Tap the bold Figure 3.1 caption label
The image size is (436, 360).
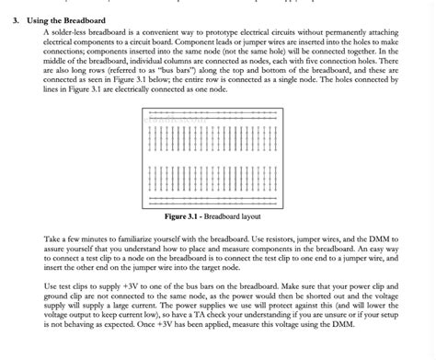click(184, 217)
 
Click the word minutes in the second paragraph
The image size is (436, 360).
click(95, 238)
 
